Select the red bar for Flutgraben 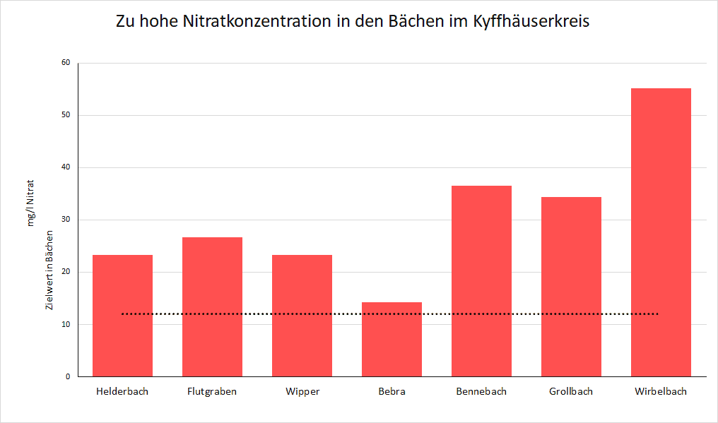coord(212,306)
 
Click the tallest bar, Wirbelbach coord(661,232)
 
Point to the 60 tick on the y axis coord(66,63)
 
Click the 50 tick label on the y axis coord(66,115)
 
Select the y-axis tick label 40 coord(66,167)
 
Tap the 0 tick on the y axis coord(68,376)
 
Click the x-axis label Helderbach coord(122,391)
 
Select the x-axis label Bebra coord(392,391)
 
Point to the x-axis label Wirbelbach coord(661,391)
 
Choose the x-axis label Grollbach coord(571,391)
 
